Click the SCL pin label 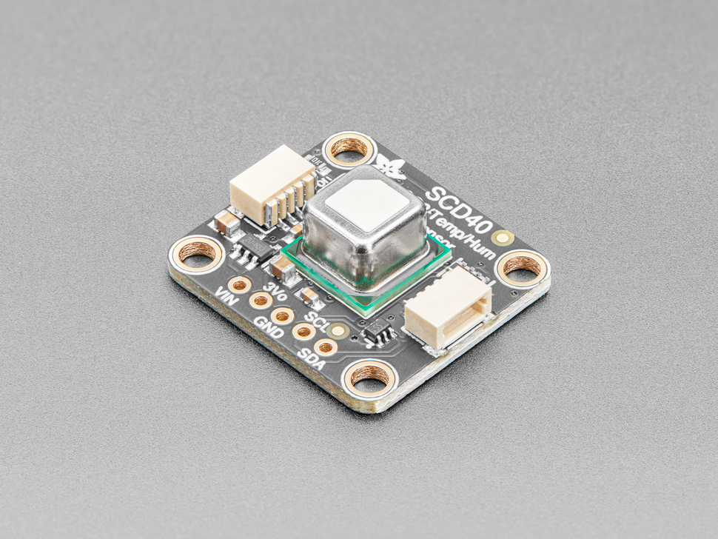pyautogui.click(x=316, y=321)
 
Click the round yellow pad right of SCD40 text pyautogui.click(x=506, y=238)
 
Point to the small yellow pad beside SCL pyautogui.click(x=339, y=331)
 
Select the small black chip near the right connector pyautogui.click(x=379, y=335)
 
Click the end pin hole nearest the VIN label pyautogui.click(x=239, y=284)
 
